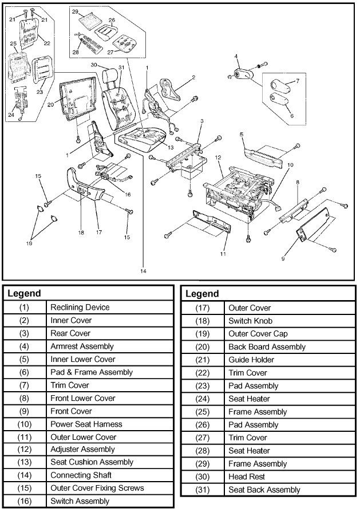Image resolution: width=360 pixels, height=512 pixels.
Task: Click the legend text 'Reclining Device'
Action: point(80,308)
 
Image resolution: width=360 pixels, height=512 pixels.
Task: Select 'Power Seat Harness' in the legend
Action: point(86,424)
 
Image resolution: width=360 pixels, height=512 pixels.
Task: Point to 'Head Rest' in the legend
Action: point(246,476)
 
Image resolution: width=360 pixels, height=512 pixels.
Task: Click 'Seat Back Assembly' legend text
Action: point(264,490)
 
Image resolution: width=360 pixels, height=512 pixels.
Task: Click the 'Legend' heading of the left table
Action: point(24,293)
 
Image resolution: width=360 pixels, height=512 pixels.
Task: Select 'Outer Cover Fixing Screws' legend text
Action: point(97,488)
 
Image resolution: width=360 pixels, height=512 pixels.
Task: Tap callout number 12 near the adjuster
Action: point(218,156)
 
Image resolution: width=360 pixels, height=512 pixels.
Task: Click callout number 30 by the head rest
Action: point(93,64)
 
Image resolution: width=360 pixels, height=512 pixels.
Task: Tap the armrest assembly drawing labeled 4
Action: point(244,73)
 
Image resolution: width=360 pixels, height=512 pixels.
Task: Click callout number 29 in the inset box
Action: point(75,11)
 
